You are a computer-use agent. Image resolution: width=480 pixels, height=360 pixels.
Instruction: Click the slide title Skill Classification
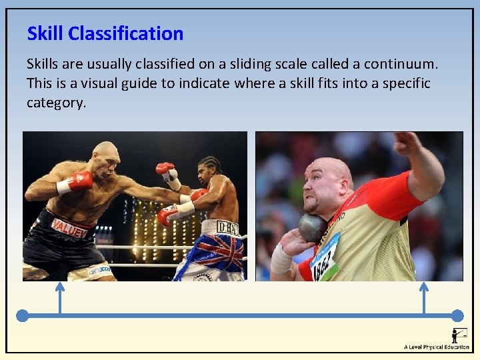pyautogui.click(x=105, y=33)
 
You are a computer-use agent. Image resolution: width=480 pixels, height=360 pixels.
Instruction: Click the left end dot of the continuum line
pyautogui.click(x=23, y=315)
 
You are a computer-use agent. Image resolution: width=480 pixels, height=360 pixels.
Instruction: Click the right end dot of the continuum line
pyautogui.click(x=457, y=315)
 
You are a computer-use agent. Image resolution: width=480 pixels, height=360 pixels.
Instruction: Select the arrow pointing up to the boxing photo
pyautogui.click(x=59, y=297)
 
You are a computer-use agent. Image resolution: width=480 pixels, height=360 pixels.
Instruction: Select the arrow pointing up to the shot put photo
pyautogui.click(x=423, y=297)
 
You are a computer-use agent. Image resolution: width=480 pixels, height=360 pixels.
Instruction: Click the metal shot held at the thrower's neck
pyautogui.click(x=312, y=227)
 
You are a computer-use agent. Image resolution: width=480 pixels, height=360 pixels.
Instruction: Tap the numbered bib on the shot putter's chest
pyautogui.click(x=325, y=257)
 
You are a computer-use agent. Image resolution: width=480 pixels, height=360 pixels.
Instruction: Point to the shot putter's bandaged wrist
pyautogui.click(x=281, y=259)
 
